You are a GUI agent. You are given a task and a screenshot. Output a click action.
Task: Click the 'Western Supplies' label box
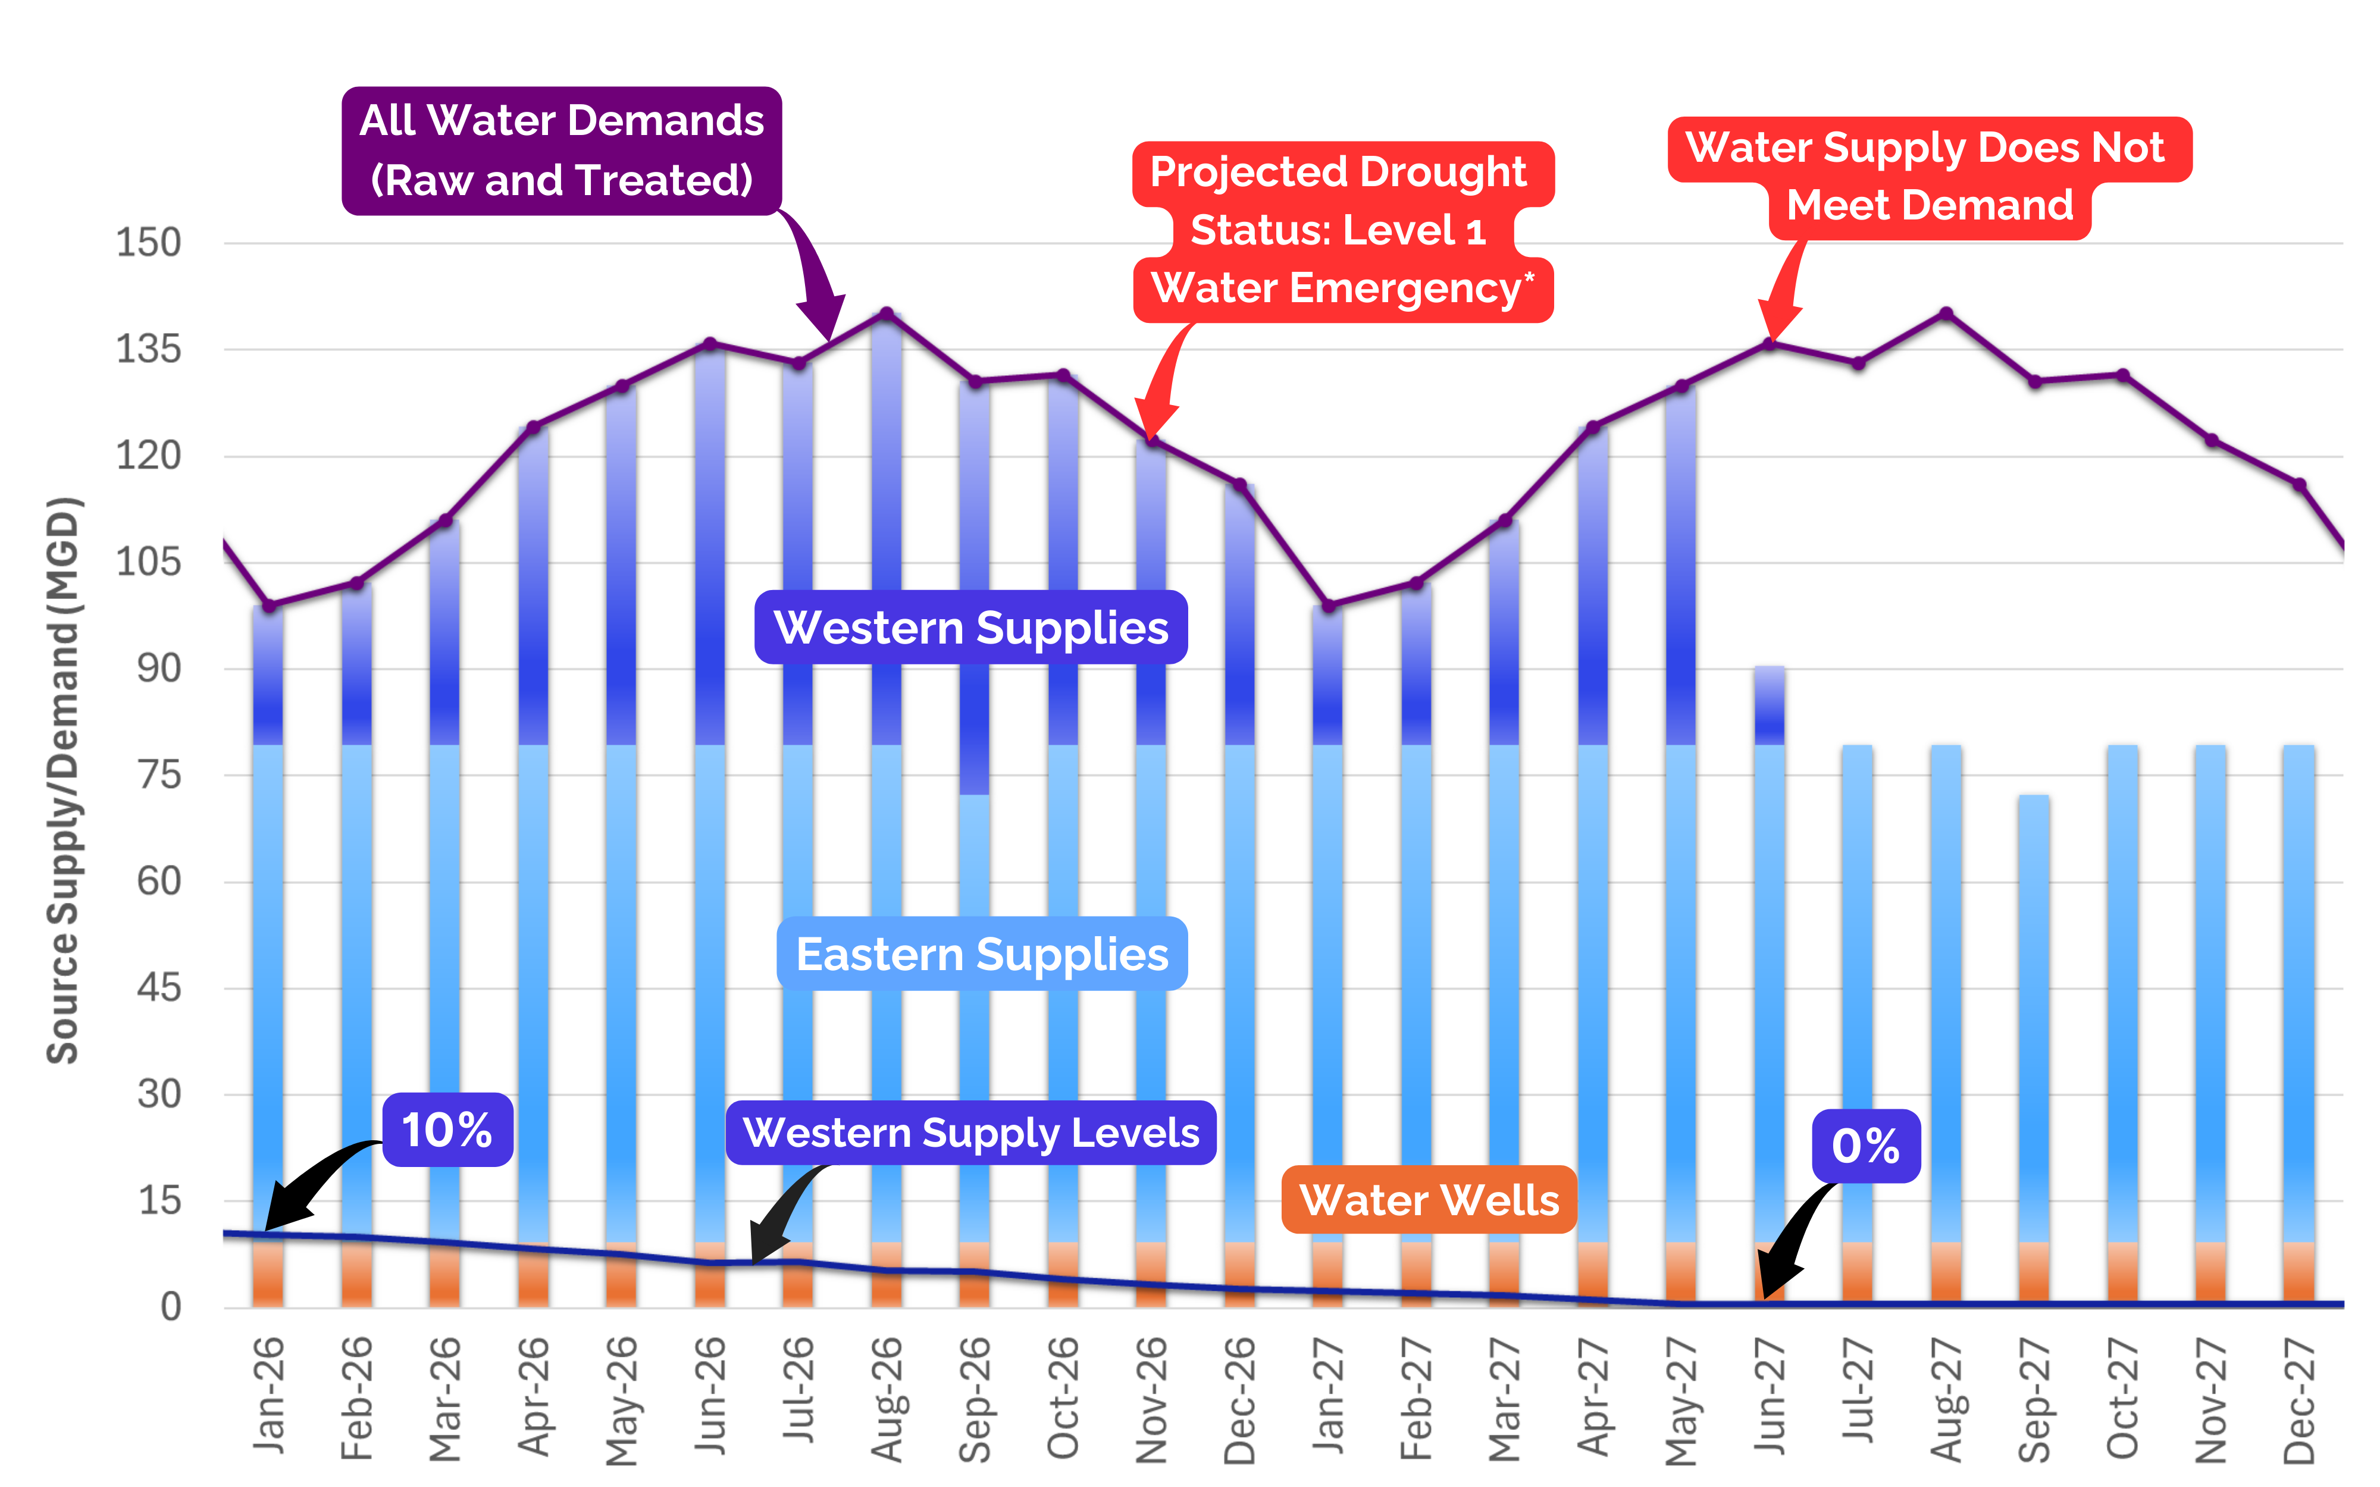(x=970, y=628)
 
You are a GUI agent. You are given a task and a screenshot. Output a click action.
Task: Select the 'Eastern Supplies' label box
(x=982, y=954)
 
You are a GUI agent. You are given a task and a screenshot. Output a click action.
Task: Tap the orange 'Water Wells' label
(x=1429, y=1200)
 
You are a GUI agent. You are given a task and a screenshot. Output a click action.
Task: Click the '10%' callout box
(x=447, y=1130)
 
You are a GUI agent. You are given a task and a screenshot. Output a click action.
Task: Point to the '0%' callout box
(x=1866, y=1146)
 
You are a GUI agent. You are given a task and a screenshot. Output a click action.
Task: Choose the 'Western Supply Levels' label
(x=970, y=1133)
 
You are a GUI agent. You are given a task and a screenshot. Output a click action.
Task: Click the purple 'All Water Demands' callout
(x=562, y=150)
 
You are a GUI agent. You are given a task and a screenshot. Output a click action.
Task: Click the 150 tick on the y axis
(x=149, y=242)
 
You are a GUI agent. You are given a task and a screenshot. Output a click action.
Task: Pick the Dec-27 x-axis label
(x=2299, y=1398)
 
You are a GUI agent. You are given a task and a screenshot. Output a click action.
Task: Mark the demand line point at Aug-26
(x=886, y=313)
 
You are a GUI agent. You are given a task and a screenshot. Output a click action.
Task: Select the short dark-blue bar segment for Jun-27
(x=1770, y=706)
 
